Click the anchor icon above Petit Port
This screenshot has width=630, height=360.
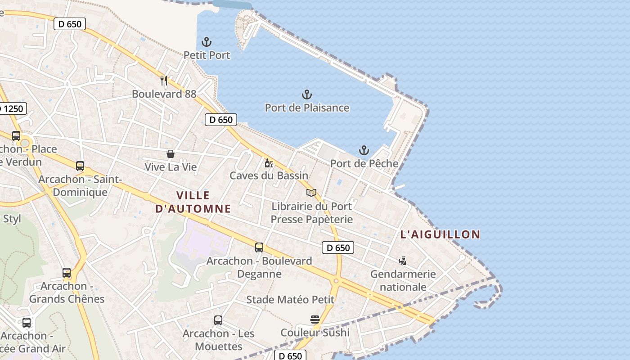[x=207, y=42]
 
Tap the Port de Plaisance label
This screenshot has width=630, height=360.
[x=307, y=108]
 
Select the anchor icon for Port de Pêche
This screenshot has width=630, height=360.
[x=364, y=150]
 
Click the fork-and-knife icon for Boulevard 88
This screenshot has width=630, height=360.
[x=164, y=81]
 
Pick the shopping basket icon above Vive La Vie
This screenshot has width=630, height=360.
[x=171, y=154]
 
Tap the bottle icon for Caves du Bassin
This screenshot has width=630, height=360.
[x=269, y=163]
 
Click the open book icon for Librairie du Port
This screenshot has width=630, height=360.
[x=311, y=193]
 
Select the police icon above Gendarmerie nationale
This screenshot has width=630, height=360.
[x=402, y=261]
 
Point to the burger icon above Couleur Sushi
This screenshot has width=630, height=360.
[x=315, y=319]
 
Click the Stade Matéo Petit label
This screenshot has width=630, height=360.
[x=290, y=300]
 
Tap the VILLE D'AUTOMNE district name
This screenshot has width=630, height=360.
[x=193, y=202]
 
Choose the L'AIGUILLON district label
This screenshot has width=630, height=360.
[x=440, y=234]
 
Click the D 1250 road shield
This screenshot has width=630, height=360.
[x=12, y=108]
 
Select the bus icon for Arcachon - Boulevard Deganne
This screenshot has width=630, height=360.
[x=259, y=247]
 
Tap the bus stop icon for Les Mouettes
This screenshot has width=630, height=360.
[x=218, y=320]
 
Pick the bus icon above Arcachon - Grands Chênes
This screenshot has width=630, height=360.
[x=67, y=273]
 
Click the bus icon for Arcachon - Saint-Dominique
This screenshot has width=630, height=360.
[x=80, y=166]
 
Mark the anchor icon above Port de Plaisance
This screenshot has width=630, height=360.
[x=306, y=94]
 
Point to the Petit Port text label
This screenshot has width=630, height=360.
[x=207, y=55]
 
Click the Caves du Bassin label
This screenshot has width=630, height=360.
[x=269, y=175]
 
